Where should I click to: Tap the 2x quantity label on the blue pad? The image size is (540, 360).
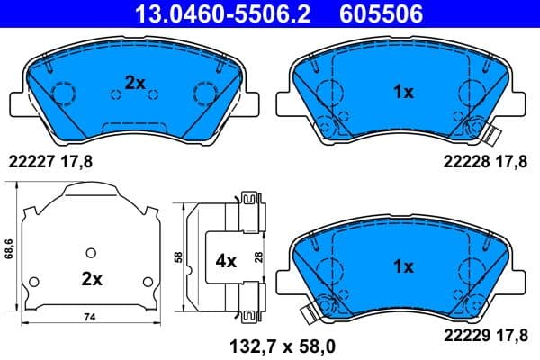[134, 82]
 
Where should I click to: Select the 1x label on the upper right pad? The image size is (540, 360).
[403, 92]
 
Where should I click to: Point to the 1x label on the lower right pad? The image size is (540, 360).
[403, 266]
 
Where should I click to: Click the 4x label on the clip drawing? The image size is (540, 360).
[224, 262]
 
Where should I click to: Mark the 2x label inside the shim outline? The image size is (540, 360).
[92, 279]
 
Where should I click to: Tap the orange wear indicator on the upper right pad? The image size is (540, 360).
[490, 138]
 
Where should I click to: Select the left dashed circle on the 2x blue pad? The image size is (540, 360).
[64, 93]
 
